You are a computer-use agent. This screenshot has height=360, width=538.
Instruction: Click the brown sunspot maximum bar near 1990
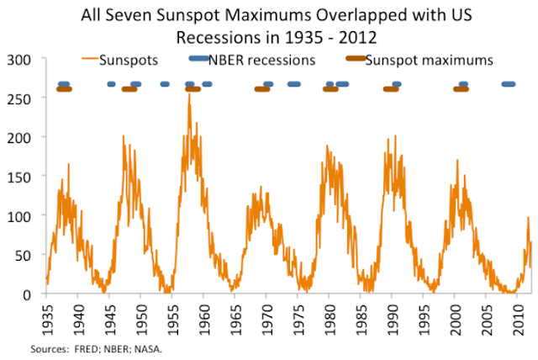pos(390,89)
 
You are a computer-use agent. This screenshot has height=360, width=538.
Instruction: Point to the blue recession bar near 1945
pos(111,84)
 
